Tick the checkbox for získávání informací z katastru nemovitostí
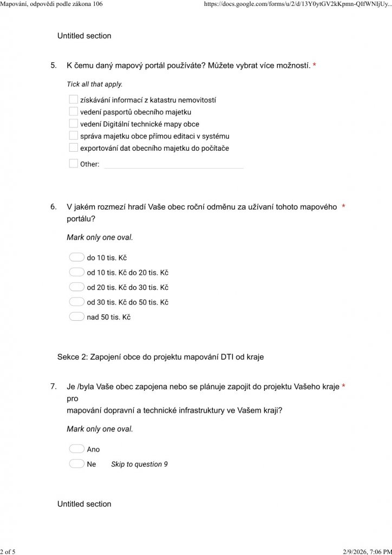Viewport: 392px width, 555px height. [x=74, y=100]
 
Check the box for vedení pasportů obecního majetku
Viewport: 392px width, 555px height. [x=74, y=112]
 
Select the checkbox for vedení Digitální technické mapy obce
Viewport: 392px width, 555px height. [x=74, y=124]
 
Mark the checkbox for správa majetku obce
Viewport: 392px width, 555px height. [x=74, y=135]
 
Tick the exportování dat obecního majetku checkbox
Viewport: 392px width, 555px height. [x=74, y=147]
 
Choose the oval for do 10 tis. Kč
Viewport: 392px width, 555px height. [x=77, y=257]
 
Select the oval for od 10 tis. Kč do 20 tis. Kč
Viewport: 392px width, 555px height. [x=77, y=272]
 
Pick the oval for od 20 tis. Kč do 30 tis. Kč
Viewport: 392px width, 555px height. [x=77, y=287]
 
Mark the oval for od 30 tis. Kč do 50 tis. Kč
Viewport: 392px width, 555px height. [x=77, y=302]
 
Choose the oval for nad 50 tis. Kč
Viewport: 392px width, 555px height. [x=77, y=317]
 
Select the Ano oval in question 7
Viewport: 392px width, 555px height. [x=77, y=449]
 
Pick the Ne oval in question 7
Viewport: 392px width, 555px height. [x=77, y=464]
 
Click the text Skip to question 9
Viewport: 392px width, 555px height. [x=139, y=464]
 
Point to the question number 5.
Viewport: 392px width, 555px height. [x=53, y=66]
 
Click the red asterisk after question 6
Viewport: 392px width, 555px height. [x=344, y=206]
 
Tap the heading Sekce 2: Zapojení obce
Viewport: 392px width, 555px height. [x=160, y=357]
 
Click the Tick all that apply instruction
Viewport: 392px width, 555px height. [x=94, y=85]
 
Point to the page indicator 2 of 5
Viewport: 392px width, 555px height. [x=8, y=551]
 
